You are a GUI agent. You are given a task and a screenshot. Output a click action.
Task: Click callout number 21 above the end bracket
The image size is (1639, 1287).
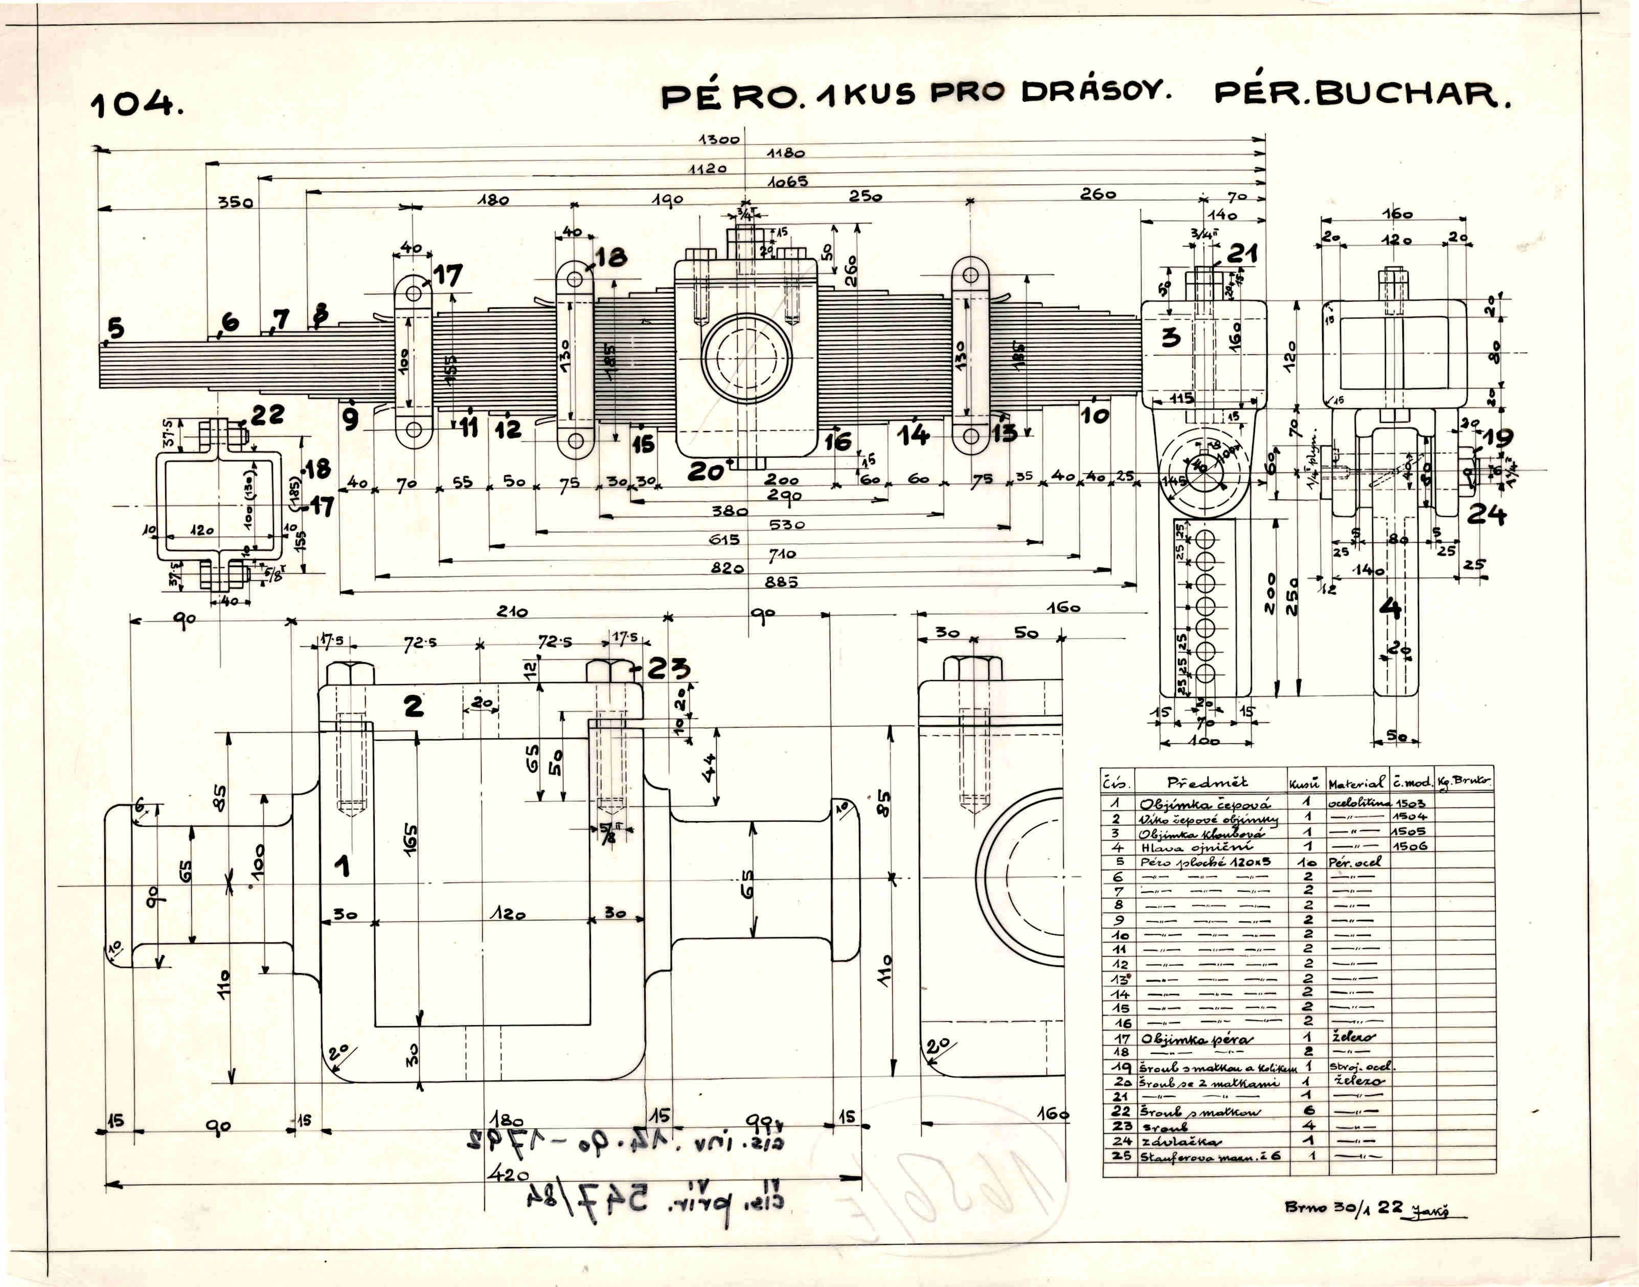click(1242, 254)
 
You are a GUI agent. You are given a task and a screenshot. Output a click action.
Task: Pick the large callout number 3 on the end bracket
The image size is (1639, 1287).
click(1170, 337)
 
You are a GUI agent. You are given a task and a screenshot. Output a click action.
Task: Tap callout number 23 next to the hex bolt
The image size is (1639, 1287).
click(668, 668)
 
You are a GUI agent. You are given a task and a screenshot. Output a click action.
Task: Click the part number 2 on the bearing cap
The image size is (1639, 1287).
click(414, 706)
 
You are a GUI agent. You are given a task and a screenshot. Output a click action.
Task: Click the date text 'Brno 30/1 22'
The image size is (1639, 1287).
click(1343, 1206)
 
